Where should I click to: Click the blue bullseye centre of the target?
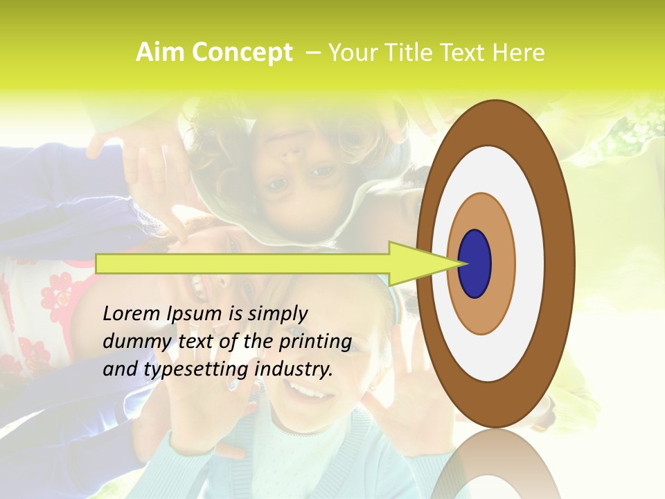tap(475, 263)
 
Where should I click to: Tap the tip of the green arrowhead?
tap(463, 263)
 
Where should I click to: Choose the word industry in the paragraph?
tap(294, 369)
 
